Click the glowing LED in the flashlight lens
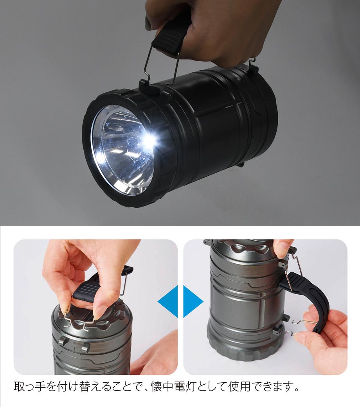[150, 140]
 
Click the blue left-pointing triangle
[167, 301]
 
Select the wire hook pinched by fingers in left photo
[78, 319]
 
